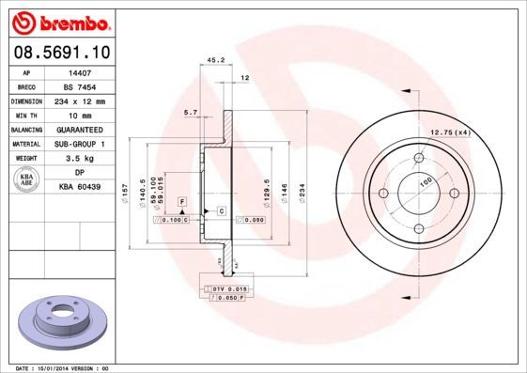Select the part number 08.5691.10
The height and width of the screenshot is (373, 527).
(x=60, y=54)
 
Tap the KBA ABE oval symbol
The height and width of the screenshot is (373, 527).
(x=27, y=179)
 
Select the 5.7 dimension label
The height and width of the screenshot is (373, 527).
(x=191, y=112)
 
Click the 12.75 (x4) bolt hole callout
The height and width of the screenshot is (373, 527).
(x=449, y=132)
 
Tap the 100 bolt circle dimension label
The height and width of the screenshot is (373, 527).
(x=426, y=180)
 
